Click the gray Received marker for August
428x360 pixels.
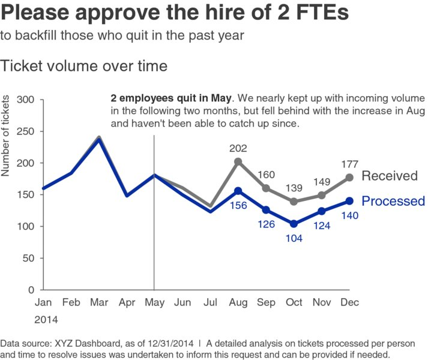238,161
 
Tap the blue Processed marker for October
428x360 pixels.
294,224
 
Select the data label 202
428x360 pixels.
238,148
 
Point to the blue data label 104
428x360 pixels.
294,238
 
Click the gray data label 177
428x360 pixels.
349,164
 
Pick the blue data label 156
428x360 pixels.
238,205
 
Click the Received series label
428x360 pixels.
389,176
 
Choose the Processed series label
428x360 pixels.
393,201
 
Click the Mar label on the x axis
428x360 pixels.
98,303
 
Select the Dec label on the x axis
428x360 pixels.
349,303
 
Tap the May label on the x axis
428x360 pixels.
154,303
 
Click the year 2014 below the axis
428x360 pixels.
46,320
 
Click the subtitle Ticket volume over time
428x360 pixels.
84,65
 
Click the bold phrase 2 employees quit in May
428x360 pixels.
171,98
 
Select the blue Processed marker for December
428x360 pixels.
349,201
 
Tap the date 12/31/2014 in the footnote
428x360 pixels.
167,344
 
